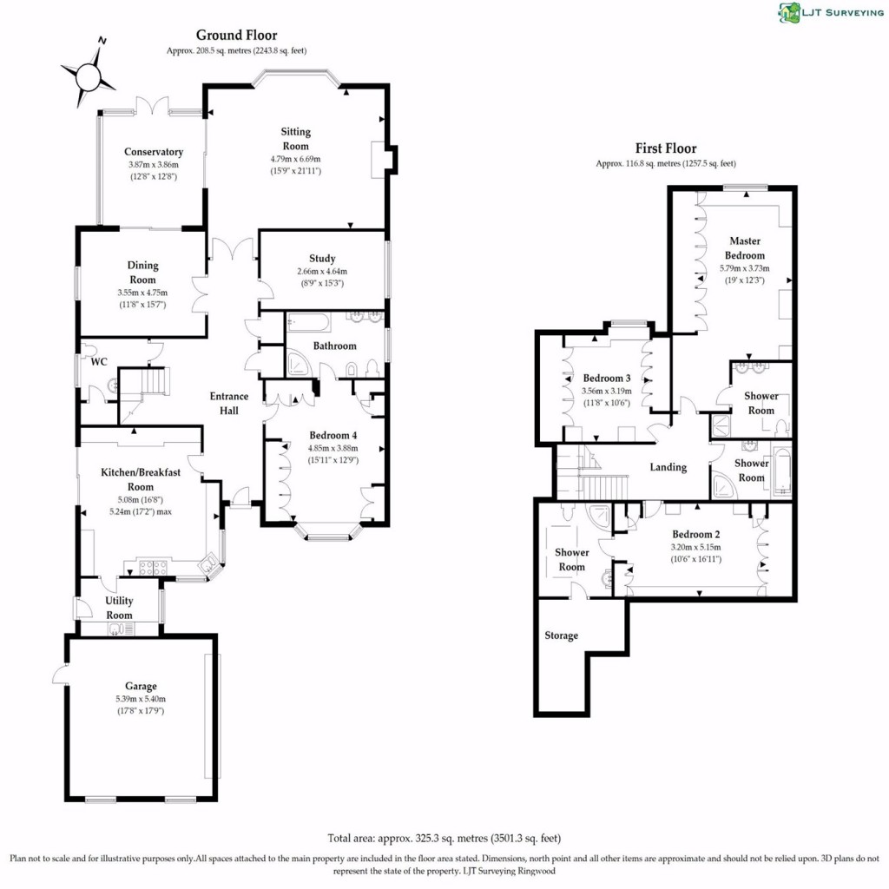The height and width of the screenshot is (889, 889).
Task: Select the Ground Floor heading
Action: coord(236,36)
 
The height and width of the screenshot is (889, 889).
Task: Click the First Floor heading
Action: coord(666,148)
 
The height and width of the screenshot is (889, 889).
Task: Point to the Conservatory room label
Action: coord(153,152)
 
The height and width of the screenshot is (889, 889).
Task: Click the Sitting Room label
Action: coord(295,139)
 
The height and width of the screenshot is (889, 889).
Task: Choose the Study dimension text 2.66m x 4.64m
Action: coord(322,272)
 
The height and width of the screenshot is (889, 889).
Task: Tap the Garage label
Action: coord(141,686)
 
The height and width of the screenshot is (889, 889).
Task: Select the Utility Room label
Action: coord(119,608)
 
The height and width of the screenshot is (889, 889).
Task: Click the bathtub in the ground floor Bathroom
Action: coord(308,324)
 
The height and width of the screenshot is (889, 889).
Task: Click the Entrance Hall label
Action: coord(229,404)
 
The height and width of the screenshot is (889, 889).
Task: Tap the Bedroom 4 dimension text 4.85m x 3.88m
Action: coord(333,448)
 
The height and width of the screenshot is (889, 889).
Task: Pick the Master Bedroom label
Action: coord(746,248)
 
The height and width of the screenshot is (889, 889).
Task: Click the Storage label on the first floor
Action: coord(561,635)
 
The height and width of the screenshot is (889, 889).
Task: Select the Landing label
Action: coord(668,467)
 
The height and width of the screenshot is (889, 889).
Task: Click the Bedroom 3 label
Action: coord(606,379)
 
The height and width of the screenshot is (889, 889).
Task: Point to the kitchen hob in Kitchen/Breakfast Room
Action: coord(147,569)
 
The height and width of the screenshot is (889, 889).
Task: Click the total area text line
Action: coord(444,839)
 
